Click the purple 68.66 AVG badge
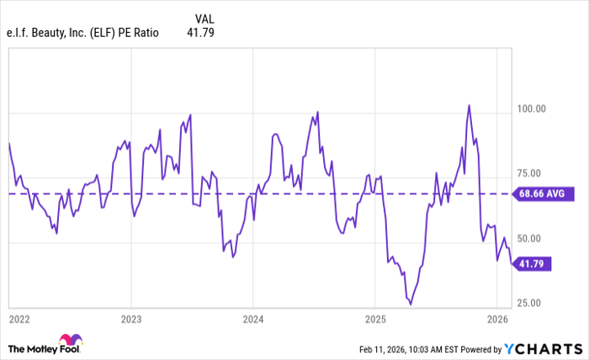(x=543, y=193)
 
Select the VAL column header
(x=204, y=18)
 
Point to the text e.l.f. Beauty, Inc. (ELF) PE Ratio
(x=82, y=34)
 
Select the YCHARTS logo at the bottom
(x=542, y=348)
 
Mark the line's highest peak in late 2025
(x=469, y=105)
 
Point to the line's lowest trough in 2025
(x=411, y=304)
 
